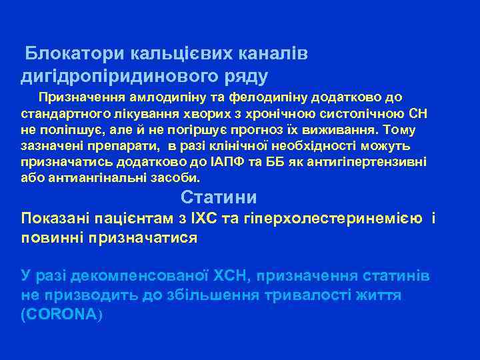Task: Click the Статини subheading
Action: [219, 197]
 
